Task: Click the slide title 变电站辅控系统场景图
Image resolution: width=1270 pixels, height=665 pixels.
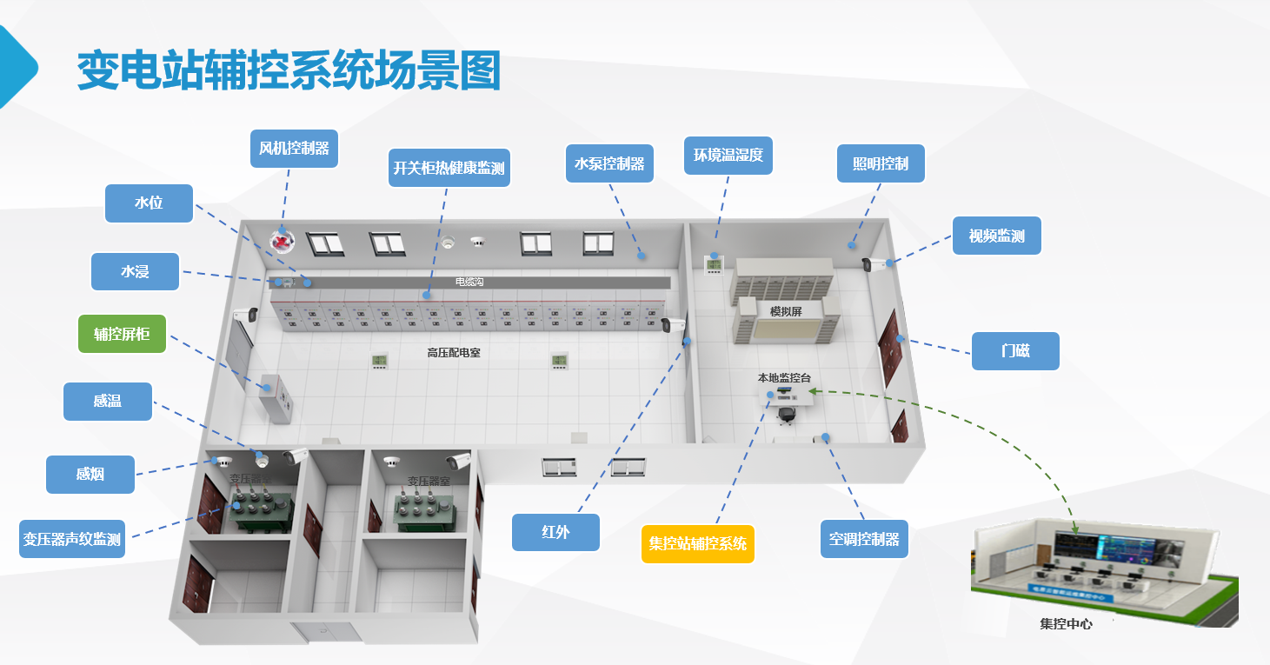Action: click(289, 71)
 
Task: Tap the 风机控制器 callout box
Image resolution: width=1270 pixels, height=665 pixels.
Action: click(294, 149)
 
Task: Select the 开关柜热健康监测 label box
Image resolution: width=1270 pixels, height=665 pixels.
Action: click(449, 168)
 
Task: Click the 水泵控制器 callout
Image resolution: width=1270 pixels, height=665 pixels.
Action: click(609, 163)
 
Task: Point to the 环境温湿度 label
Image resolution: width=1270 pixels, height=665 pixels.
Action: click(728, 156)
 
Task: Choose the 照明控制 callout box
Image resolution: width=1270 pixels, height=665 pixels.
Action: click(881, 163)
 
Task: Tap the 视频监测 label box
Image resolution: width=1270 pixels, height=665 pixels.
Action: click(996, 236)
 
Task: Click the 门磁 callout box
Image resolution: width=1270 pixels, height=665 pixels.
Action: click(1014, 351)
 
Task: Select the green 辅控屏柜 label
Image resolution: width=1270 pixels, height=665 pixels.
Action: click(122, 333)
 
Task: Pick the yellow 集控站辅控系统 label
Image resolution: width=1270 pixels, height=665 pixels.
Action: click(697, 544)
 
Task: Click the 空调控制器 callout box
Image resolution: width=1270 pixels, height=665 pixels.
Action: click(863, 539)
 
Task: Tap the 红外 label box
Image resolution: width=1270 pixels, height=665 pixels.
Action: click(555, 532)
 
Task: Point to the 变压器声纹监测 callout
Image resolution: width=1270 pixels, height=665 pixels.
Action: click(72, 539)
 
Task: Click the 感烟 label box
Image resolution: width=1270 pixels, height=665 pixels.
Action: click(90, 475)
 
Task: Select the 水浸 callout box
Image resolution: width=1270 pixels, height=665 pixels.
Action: click(135, 272)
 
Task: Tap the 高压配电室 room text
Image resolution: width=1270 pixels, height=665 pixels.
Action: click(454, 353)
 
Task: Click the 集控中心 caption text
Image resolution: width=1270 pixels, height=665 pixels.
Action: click(1066, 624)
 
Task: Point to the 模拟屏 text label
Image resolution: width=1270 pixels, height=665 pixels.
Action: click(785, 311)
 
